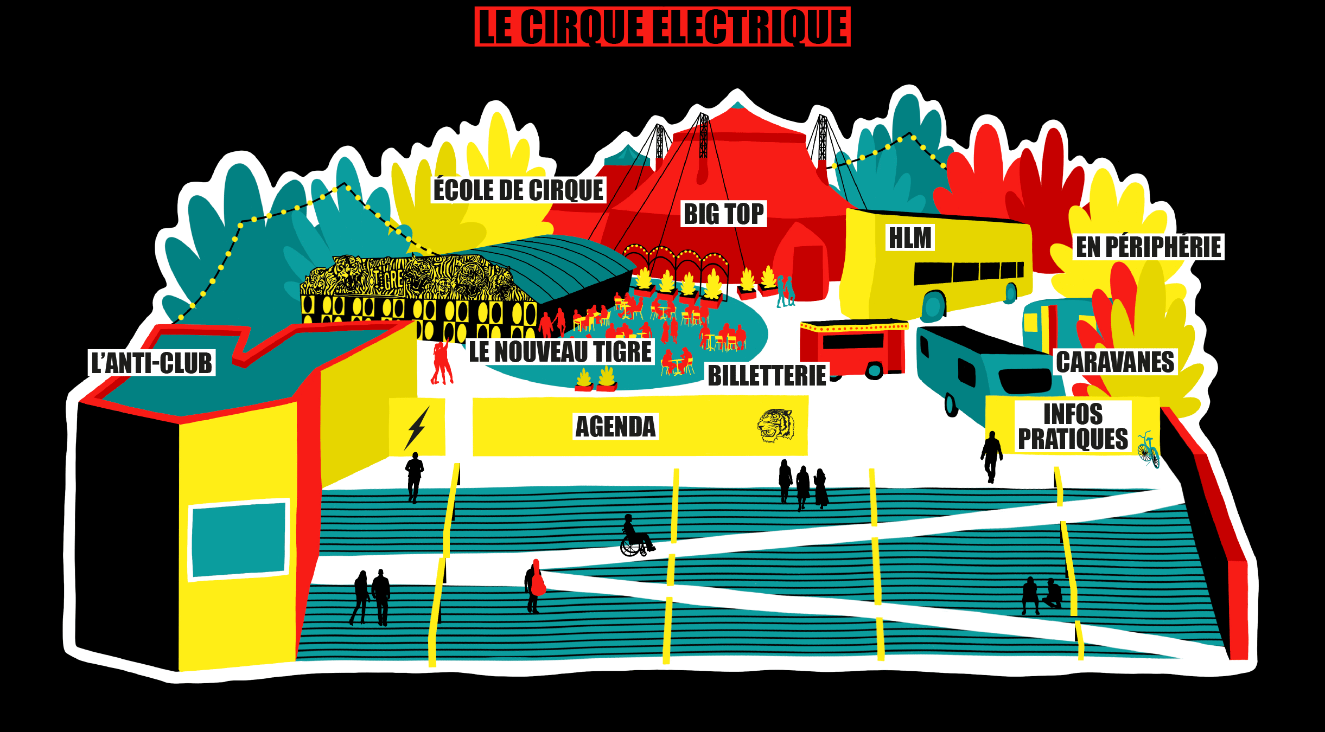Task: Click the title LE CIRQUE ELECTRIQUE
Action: [662, 27]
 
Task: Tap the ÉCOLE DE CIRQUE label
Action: [518, 190]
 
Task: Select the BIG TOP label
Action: [724, 214]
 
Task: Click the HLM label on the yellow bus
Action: [910, 238]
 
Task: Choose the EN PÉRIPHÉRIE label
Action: [1149, 247]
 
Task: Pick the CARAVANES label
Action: [1115, 362]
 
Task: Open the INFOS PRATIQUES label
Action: [1073, 427]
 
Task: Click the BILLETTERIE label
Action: [767, 376]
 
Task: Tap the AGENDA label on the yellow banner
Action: [615, 427]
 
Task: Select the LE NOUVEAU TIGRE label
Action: [560, 351]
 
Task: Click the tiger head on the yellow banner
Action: [775, 426]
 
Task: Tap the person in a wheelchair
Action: [635, 537]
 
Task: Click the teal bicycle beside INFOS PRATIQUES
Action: [1148, 450]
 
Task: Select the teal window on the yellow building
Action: [238, 540]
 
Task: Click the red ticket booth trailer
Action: [852, 347]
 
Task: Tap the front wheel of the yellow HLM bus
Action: [933, 306]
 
